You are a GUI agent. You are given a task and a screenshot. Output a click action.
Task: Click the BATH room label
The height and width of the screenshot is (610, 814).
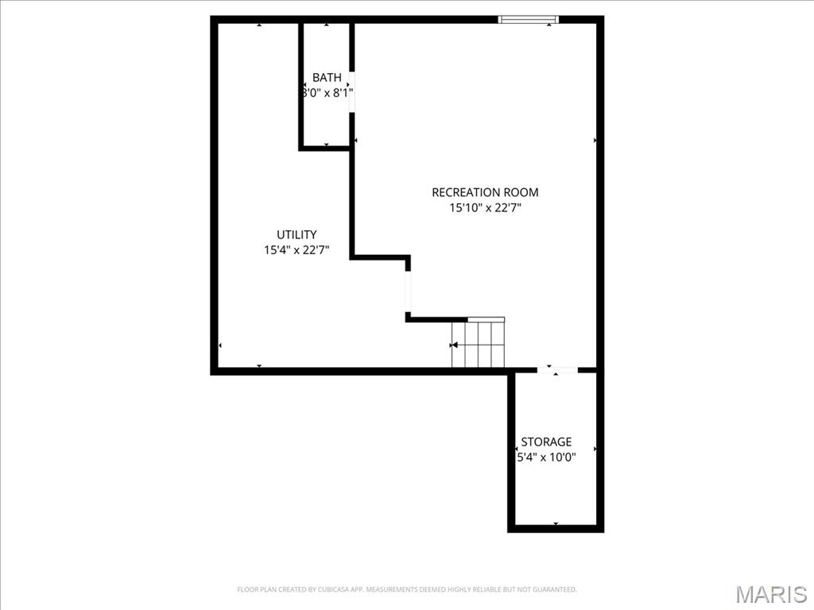click(x=327, y=78)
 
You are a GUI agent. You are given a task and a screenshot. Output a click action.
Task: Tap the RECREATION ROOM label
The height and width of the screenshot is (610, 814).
click(x=485, y=192)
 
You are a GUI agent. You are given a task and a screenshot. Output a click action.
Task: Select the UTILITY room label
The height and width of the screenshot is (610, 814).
click(x=297, y=234)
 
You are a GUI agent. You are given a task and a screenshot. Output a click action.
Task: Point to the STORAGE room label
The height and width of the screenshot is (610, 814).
click(x=546, y=442)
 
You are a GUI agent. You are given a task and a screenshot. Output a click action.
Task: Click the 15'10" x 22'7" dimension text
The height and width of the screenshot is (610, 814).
click(x=485, y=208)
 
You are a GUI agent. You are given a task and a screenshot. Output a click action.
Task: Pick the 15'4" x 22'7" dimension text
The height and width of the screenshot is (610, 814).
click(x=297, y=250)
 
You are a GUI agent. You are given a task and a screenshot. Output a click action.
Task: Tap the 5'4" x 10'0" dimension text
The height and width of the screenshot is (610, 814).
click(x=546, y=457)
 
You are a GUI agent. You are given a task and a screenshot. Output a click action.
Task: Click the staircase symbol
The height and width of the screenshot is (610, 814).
click(x=478, y=344)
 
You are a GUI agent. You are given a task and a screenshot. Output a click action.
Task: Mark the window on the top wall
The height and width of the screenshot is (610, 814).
click(x=529, y=19)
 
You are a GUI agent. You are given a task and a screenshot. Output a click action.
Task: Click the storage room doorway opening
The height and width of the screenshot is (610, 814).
click(x=556, y=370)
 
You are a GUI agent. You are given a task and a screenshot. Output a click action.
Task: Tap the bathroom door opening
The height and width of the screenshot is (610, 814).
click(x=351, y=93)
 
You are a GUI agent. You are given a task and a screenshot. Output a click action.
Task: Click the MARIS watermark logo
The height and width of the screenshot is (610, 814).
click(x=771, y=594)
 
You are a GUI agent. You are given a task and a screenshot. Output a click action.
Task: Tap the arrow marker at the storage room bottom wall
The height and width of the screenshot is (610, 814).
click(x=556, y=524)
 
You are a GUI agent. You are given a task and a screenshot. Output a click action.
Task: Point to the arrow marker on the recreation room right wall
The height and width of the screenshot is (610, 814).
click(x=595, y=141)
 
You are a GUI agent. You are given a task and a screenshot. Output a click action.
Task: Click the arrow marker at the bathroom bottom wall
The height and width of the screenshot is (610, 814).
click(x=327, y=145)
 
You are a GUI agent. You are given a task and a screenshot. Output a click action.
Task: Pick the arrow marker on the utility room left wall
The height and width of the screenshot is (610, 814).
click(x=219, y=346)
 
